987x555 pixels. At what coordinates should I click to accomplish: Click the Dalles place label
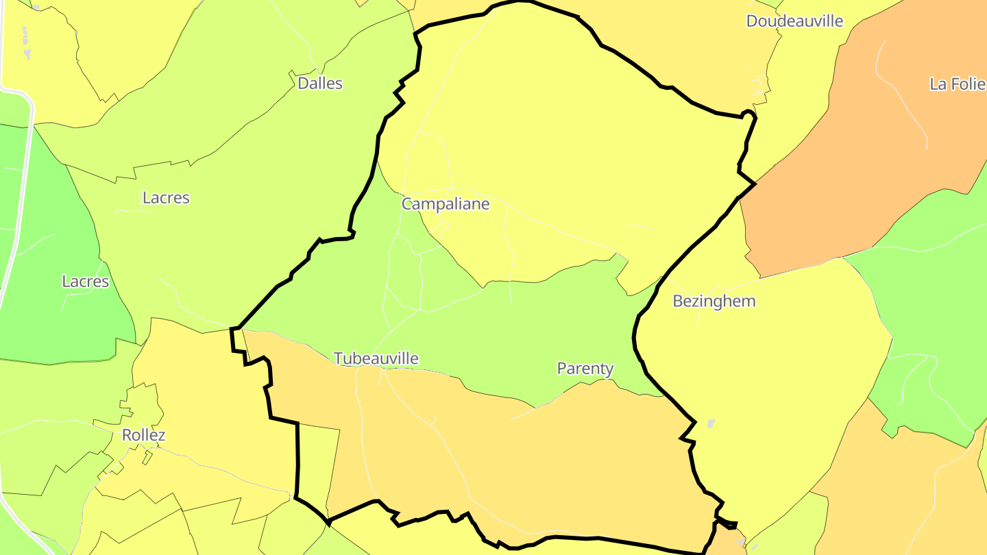320,84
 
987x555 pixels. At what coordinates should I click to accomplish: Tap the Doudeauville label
794,21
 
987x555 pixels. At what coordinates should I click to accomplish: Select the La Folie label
958,84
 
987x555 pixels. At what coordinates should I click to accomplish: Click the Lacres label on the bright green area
86,282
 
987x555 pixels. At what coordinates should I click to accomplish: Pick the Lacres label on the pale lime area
166,198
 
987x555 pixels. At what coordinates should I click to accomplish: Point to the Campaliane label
446,204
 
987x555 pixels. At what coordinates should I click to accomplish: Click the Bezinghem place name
714,301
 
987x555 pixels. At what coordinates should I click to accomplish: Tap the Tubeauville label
376,358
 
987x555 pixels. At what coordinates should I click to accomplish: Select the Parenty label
585,369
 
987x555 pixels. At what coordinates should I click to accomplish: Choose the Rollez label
143,435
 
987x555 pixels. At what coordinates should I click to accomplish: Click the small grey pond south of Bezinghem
710,423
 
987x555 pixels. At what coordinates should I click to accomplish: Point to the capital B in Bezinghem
678,301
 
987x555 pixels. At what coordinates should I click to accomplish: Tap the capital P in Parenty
561,369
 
